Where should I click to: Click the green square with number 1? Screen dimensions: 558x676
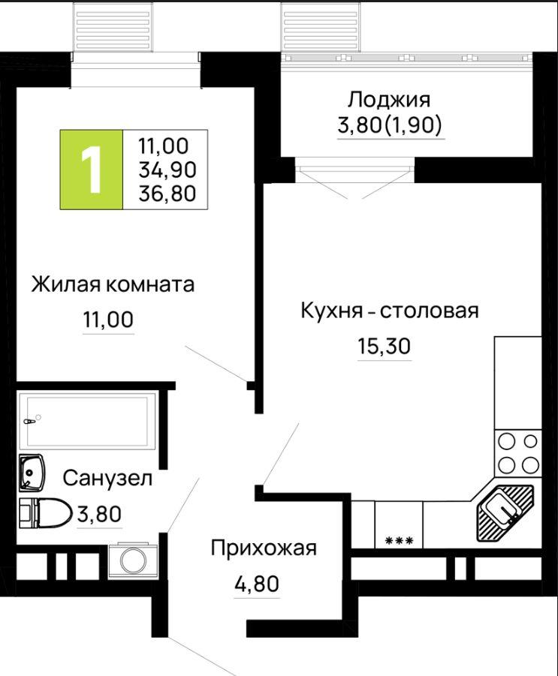point(92,170)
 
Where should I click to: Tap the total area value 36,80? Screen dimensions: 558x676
point(167,194)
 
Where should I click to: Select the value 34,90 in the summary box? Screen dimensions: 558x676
point(167,170)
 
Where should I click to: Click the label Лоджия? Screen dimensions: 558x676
point(389,101)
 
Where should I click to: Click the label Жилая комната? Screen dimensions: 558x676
point(113,285)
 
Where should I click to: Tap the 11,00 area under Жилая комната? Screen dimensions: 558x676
point(108,320)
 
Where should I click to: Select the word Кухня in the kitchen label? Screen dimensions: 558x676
point(331,311)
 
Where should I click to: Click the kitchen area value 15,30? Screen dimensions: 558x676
point(384,346)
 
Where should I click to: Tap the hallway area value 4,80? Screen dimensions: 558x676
point(257,584)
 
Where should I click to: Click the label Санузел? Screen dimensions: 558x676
point(107,479)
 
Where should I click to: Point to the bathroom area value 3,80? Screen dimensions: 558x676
point(99,514)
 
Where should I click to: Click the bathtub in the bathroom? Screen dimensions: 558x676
point(87,421)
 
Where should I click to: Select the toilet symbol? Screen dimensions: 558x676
point(45,513)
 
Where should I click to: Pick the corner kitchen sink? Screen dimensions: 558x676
point(505,512)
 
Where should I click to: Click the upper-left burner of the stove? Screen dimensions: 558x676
point(507,441)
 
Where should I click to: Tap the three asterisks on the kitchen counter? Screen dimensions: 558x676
point(399,539)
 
